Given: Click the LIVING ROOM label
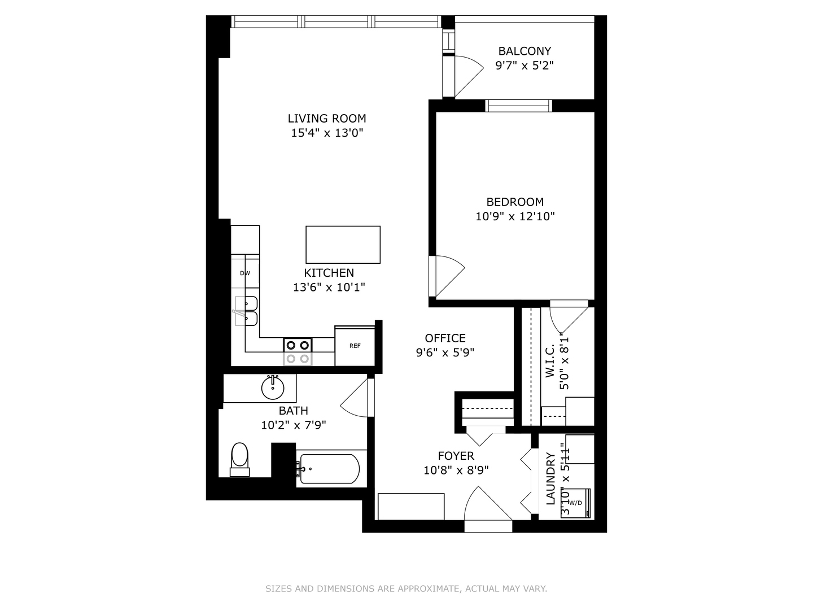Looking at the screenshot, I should coord(327,119).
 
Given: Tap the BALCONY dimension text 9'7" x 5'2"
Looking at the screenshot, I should coord(524,66).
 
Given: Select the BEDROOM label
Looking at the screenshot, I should coord(515,202).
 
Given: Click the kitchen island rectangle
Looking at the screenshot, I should coord(343,245).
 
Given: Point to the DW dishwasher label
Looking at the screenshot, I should coord(245,273).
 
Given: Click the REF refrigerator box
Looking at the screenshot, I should coord(355,346).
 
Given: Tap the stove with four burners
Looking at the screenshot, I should coord(298,351).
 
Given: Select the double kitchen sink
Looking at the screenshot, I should coord(247,311).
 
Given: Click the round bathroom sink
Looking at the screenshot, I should coord(273,388).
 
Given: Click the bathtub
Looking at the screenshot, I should coord(329,469).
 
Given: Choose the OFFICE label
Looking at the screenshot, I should coord(445,338).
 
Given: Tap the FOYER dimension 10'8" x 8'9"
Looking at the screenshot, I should coord(456,470).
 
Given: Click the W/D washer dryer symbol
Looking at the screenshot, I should coord(575,503).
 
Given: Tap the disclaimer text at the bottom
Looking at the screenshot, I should coord(406,589).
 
